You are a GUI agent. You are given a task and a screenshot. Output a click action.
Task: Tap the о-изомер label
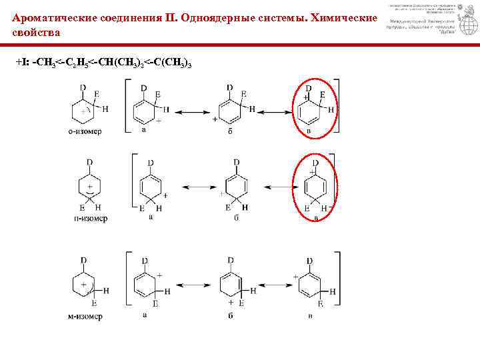pyautogui.click(x=84, y=131)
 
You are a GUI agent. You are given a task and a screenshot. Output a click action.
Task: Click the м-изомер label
pyautogui.click(x=85, y=316)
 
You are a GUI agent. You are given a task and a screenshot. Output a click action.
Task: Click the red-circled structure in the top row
pyautogui.click(x=312, y=109)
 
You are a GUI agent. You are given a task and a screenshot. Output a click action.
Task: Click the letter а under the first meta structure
pyautogui.click(x=145, y=315)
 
